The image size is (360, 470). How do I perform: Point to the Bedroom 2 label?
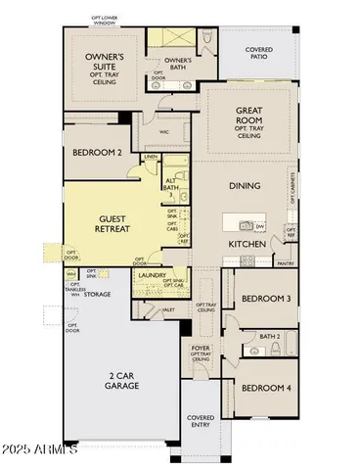point(98,153)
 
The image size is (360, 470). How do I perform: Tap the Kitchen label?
point(248,243)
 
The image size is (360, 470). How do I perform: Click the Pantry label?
point(285,263)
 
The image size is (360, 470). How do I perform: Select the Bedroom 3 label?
point(265,297)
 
